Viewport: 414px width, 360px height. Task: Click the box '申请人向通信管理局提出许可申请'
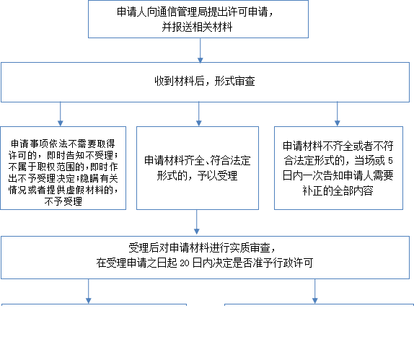(198, 19)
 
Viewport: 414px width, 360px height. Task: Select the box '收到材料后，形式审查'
(205, 82)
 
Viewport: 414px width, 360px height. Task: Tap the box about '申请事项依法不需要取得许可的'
(63, 168)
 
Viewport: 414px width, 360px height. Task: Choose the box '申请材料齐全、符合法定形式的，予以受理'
(198, 168)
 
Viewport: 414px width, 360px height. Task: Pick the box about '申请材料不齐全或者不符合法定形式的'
(338, 168)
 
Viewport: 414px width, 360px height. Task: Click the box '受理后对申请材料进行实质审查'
(205, 258)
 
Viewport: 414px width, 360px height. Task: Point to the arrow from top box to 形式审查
(201, 51)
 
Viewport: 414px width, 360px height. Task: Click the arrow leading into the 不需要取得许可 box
(61, 114)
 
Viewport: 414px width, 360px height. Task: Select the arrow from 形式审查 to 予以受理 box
(199, 114)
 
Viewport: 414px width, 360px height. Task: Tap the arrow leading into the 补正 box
(337, 114)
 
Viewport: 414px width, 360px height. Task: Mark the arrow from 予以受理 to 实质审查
(197, 222)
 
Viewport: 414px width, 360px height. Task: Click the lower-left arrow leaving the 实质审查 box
(89, 291)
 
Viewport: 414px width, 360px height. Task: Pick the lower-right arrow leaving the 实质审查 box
(315, 291)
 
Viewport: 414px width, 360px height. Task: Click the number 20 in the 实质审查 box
(185, 263)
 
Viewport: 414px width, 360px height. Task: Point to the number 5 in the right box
(390, 161)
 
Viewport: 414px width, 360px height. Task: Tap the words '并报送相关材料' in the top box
(197, 27)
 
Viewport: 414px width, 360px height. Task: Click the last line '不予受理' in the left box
(63, 202)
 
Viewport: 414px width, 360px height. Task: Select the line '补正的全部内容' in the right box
(338, 190)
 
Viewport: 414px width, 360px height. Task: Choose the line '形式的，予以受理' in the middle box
(197, 175)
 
